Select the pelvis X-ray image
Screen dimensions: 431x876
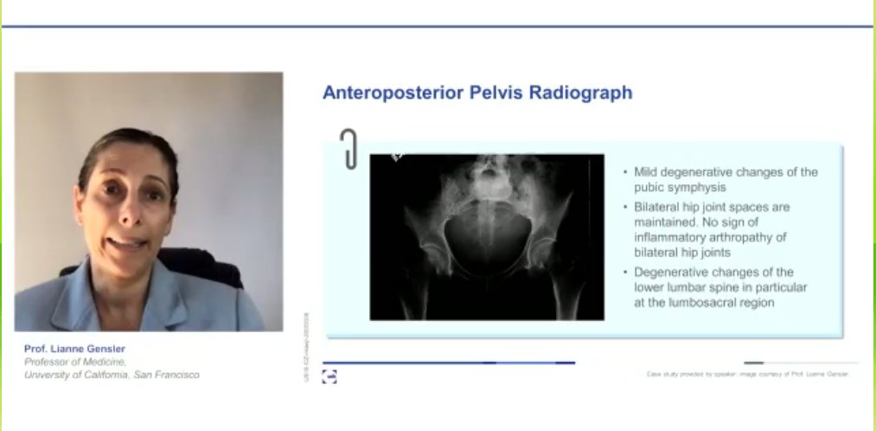pyautogui.click(x=487, y=237)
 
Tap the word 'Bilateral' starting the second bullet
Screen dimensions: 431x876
pyautogui.click(x=659, y=208)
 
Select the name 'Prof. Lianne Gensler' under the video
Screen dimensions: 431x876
pyautogui.click(x=74, y=349)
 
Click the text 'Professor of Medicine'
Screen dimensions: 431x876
pyautogui.click(x=74, y=362)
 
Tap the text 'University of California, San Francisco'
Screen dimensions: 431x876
pyautogui.click(x=112, y=375)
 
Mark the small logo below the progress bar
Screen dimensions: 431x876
pyautogui.click(x=329, y=376)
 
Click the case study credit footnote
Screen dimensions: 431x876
pyautogui.click(x=748, y=374)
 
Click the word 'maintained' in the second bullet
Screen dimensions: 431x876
pyautogui.click(x=668, y=222)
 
